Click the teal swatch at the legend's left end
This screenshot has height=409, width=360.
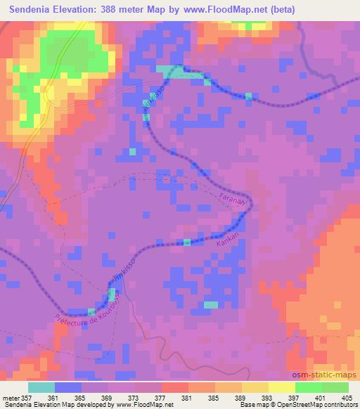41,387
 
